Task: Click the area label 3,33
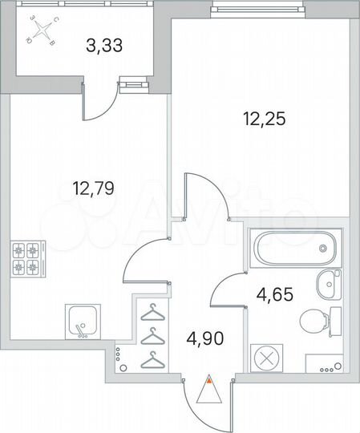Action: point(103,46)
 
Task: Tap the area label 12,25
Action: point(265,119)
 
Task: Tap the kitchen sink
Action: point(82,322)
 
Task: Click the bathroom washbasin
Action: point(328,283)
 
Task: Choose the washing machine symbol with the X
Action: point(265,357)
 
